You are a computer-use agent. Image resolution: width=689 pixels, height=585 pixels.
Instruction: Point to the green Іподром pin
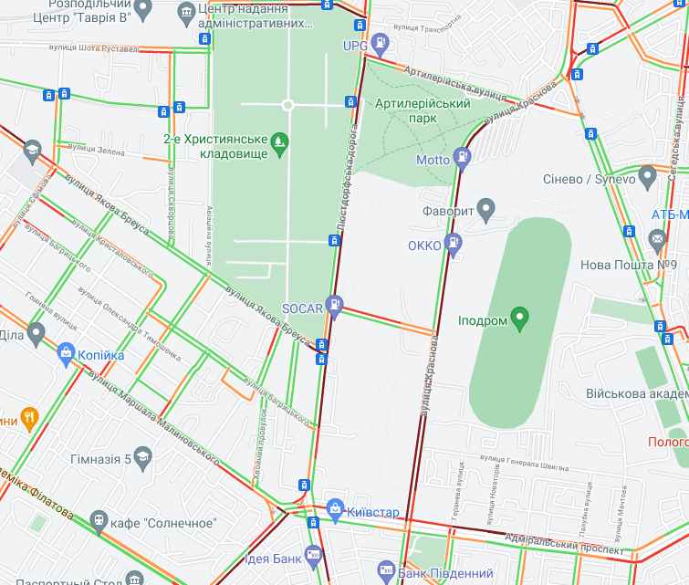(x=520, y=319)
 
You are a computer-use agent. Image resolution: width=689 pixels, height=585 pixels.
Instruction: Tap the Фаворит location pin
(x=485, y=209)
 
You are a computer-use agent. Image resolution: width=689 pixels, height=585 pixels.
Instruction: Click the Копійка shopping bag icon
(x=67, y=352)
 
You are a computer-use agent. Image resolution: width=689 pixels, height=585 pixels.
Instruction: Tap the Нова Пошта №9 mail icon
(x=657, y=240)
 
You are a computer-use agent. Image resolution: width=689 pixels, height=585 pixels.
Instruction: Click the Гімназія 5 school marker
(x=142, y=457)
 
